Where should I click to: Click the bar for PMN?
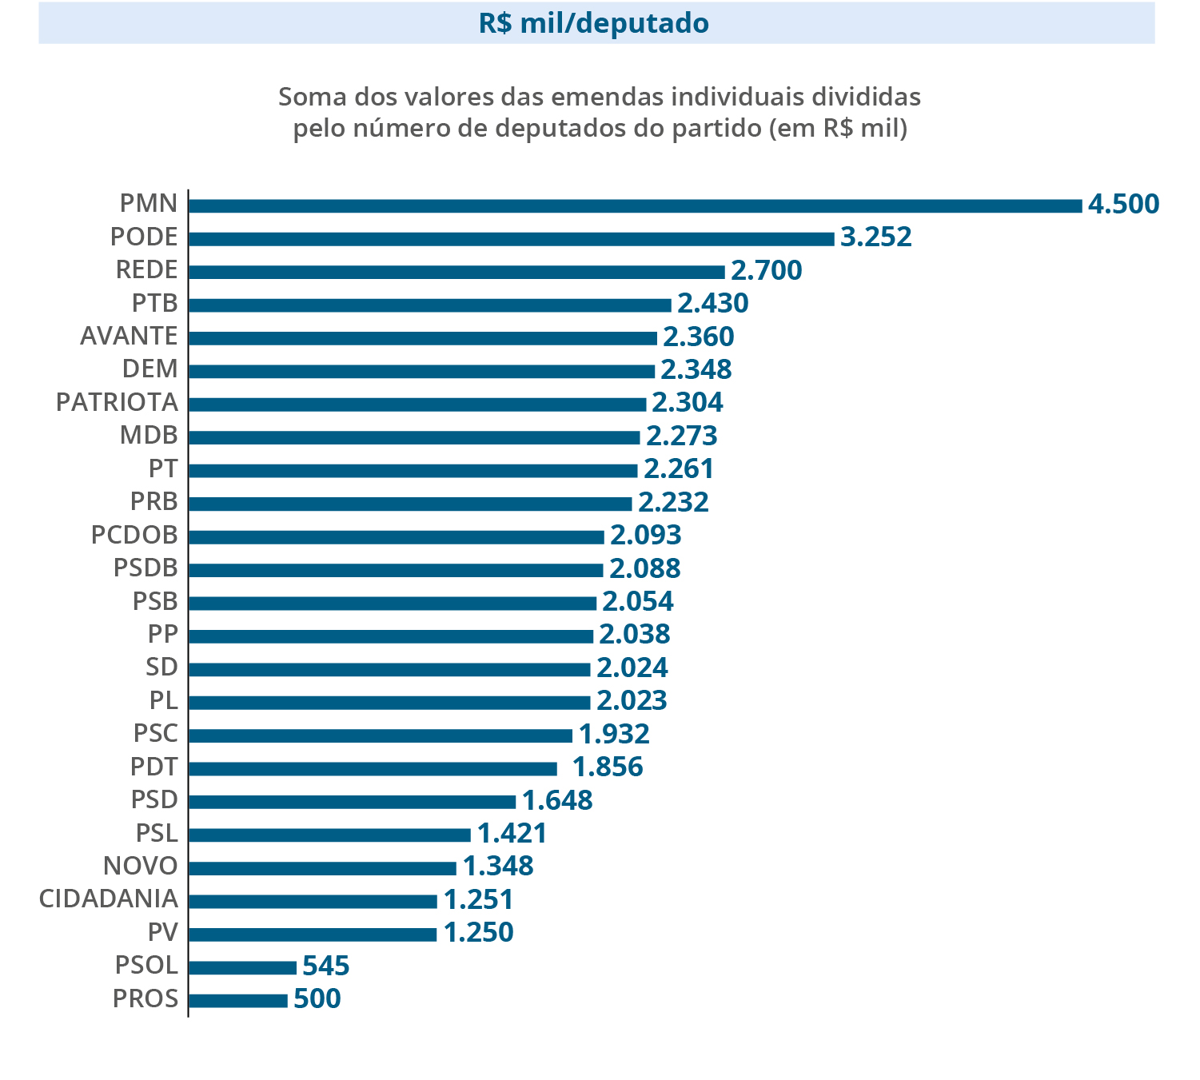coord(635,206)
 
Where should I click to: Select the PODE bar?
coord(511,239)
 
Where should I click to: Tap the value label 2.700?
coord(766,271)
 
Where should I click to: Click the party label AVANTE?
coord(129,337)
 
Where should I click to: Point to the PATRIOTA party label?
coord(117,402)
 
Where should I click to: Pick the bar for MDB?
coord(414,437)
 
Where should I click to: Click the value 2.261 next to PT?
coord(679,469)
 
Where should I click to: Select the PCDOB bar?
coord(396,537)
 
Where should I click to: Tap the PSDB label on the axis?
coord(146,568)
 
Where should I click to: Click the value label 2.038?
coord(634,635)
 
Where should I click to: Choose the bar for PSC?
coord(381,735)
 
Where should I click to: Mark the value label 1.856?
coord(608,767)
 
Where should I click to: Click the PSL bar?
coord(329,835)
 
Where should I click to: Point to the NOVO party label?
coord(141,867)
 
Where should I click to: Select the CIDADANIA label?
coord(108,899)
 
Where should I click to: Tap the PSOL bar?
coord(242,968)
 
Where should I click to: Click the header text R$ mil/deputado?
coord(594,24)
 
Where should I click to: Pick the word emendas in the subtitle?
coord(609,98)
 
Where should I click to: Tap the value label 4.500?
coord(1122,205)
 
